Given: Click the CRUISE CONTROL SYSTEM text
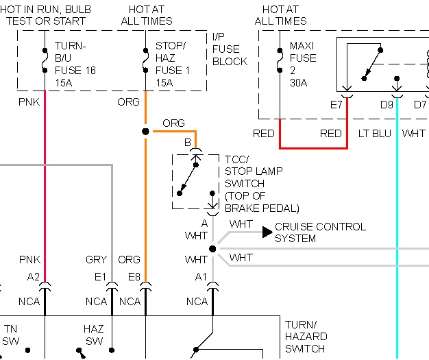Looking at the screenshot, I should click(x=320, y=232).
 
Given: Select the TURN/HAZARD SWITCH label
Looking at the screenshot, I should click(x=306, y=336).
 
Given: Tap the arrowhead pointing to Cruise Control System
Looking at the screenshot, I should click(x=267, y=232).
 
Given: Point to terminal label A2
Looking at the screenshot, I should click(x=34, y=276).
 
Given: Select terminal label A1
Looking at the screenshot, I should click(x=200, y=276).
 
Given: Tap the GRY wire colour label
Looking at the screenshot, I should click(x=96, y=260).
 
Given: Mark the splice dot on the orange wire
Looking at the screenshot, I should click(x=145, y=131).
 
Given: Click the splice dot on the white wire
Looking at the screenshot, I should click(x=212, y=249).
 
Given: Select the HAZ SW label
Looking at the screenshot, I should click(x=93, y=335).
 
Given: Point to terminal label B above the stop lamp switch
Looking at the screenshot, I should click(x=186, y=142).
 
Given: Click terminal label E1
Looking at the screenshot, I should click(x=101, y=276).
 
